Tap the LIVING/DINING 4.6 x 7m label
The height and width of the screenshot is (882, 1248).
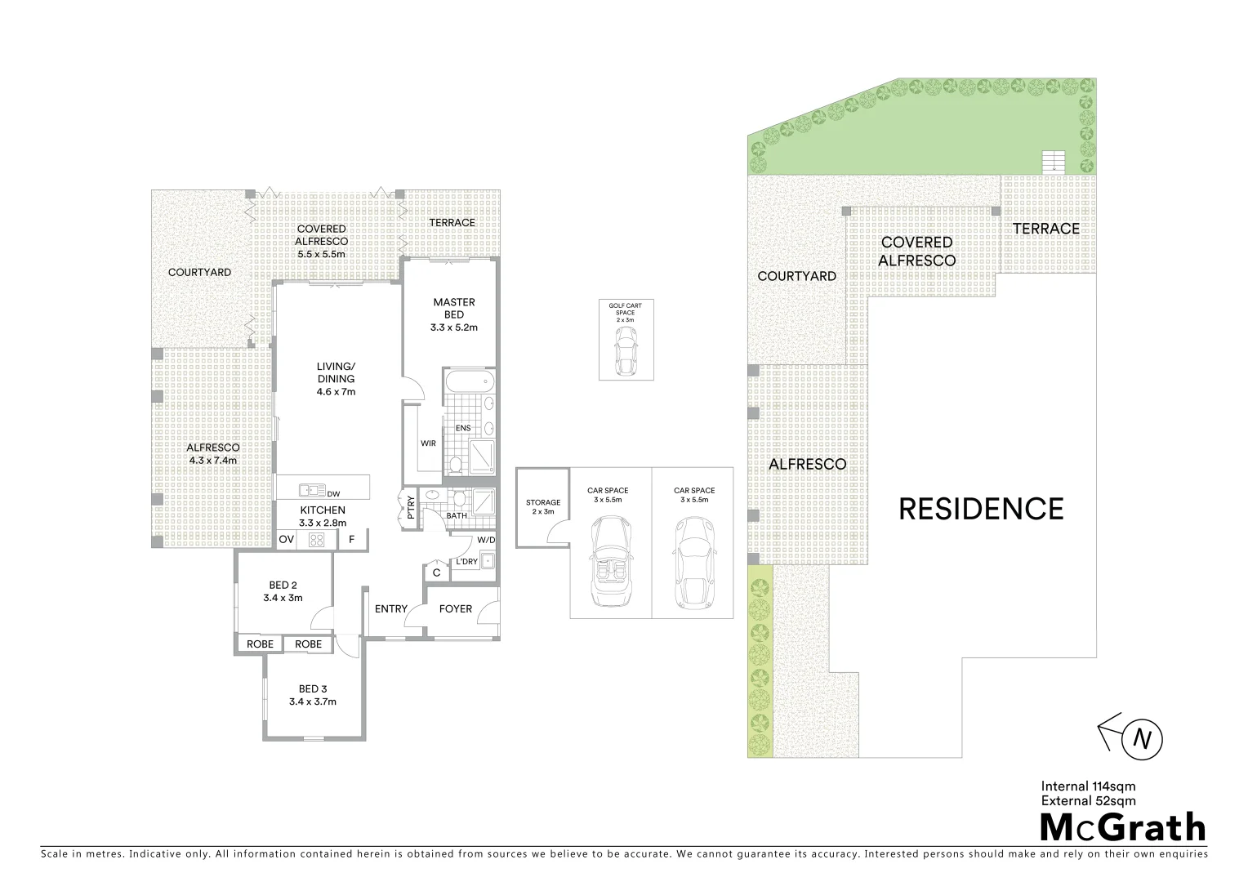337,379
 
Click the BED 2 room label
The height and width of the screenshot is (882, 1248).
283,591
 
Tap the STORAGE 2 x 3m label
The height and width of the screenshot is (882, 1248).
543,507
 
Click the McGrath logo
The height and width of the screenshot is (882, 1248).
1121,827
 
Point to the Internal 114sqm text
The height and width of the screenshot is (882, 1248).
1088,787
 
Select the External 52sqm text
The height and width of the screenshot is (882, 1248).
1088,801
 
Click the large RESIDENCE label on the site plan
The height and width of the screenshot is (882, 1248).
981,509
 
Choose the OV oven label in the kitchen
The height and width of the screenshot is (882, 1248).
286,539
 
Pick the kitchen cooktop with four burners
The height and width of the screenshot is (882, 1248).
316,539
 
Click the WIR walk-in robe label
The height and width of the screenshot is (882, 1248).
428,443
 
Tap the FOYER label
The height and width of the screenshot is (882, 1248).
456,608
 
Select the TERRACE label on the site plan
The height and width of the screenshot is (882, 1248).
1045,229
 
